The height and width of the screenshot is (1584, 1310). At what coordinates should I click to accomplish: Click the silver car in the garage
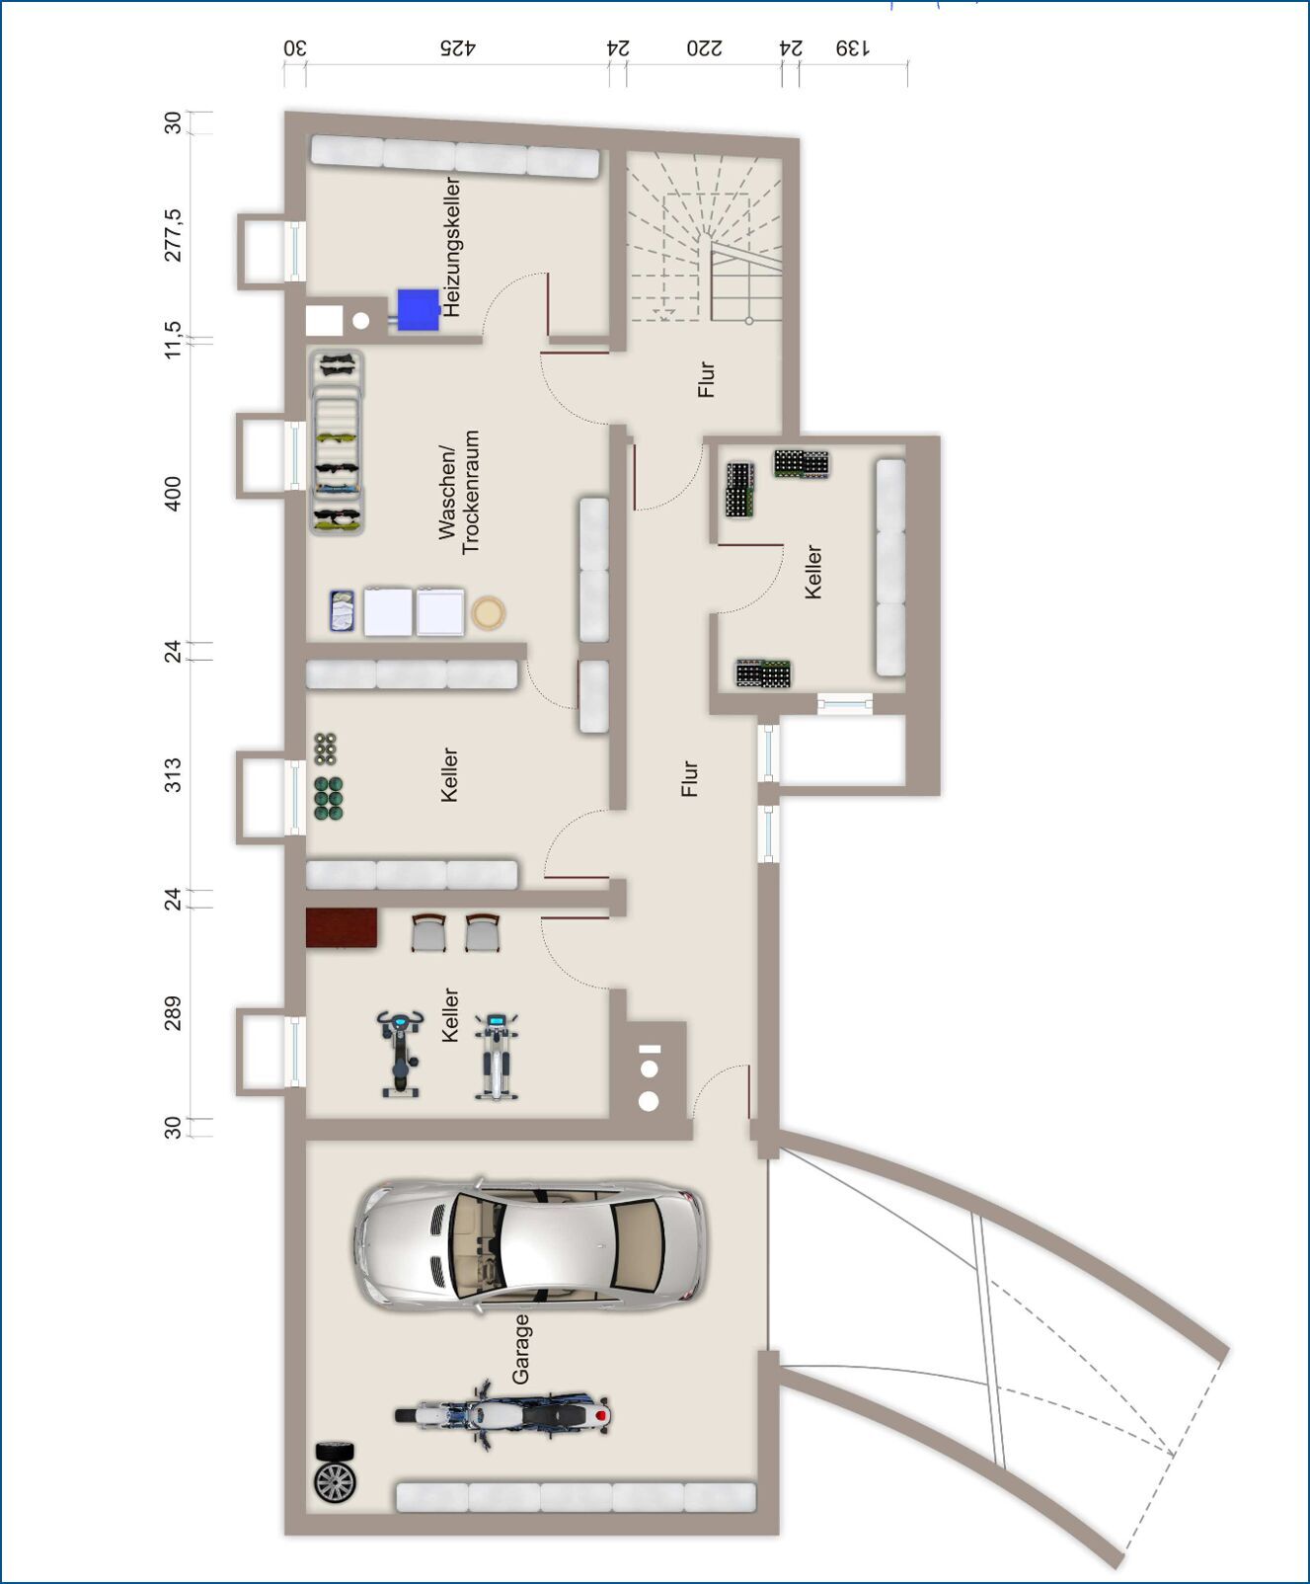529,1244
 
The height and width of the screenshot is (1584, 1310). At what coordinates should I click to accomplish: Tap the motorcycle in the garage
502,1414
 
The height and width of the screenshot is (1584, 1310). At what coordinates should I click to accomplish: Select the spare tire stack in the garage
335,1472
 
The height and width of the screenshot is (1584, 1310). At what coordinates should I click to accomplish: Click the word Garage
520,1348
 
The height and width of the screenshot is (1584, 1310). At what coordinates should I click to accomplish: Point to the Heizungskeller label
452,247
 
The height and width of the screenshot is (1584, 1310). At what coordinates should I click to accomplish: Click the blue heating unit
418,309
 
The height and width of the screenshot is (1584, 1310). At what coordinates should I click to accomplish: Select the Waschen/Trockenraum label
459,491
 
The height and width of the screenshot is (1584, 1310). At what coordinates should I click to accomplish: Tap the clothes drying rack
337,442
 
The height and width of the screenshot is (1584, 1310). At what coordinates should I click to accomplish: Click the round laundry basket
488,613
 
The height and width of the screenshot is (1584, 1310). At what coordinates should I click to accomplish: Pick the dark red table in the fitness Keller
342,927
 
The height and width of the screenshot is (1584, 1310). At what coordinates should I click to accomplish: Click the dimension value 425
457,47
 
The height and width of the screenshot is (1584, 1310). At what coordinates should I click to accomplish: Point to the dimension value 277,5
173,235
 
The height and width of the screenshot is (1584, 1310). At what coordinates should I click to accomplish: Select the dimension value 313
173,774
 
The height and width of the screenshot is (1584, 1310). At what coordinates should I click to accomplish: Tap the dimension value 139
853,47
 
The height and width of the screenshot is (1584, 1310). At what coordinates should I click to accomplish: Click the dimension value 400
173,494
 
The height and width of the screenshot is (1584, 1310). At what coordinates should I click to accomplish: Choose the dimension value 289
173,1013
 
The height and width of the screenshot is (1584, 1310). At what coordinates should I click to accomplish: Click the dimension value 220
704,47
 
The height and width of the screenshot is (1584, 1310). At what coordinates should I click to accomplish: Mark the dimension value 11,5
173,340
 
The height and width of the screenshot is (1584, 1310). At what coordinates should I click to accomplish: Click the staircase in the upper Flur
704,238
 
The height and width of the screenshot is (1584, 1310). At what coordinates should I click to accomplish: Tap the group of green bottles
329,799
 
